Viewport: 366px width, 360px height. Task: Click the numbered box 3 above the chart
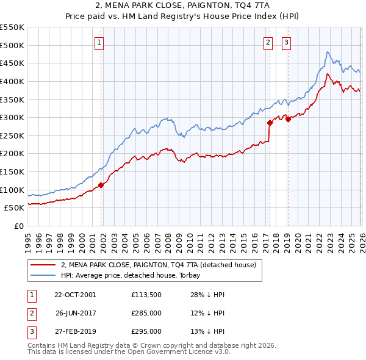tap(286, 43)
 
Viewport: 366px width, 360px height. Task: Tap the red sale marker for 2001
tap(101, 185)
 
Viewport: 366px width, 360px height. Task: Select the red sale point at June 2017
tap(270, 123)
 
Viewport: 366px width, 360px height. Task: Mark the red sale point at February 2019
tap(288, 120)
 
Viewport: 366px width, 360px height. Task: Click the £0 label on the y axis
tap(18, 226)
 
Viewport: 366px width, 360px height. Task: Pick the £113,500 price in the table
tap(146, 295)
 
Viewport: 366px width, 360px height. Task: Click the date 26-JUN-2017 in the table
tap(75, 313)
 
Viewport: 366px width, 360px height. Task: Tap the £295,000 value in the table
tap(146, 331)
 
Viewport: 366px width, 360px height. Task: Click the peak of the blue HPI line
tap(328, 52)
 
